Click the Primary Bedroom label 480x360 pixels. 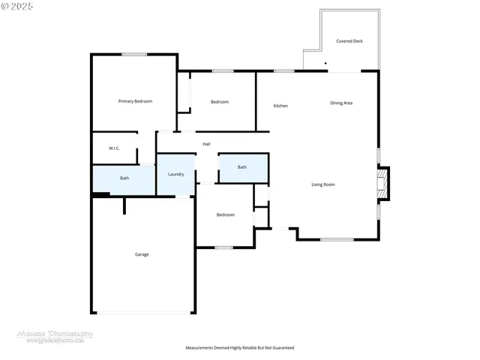coord(135,100)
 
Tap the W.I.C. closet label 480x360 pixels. coord(114,148)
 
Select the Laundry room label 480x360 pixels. coord(176,174)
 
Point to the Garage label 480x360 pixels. coord(142,254)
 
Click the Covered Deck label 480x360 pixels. coord(349,41)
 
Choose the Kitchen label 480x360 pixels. coord(280,106)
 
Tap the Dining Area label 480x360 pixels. coord(341,103)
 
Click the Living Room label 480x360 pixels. coord(323,184)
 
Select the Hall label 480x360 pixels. coord(205,143)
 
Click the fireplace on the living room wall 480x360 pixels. coord(383,184)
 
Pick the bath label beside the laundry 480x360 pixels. coord(124,178)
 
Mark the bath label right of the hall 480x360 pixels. coord(242,167)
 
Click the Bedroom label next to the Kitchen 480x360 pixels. coord(219,102)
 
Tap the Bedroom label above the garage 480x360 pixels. coord(225,214)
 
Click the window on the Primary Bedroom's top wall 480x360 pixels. coord(134,54)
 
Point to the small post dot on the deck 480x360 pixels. coord(325,64)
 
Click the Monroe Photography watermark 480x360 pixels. coord(55,334)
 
